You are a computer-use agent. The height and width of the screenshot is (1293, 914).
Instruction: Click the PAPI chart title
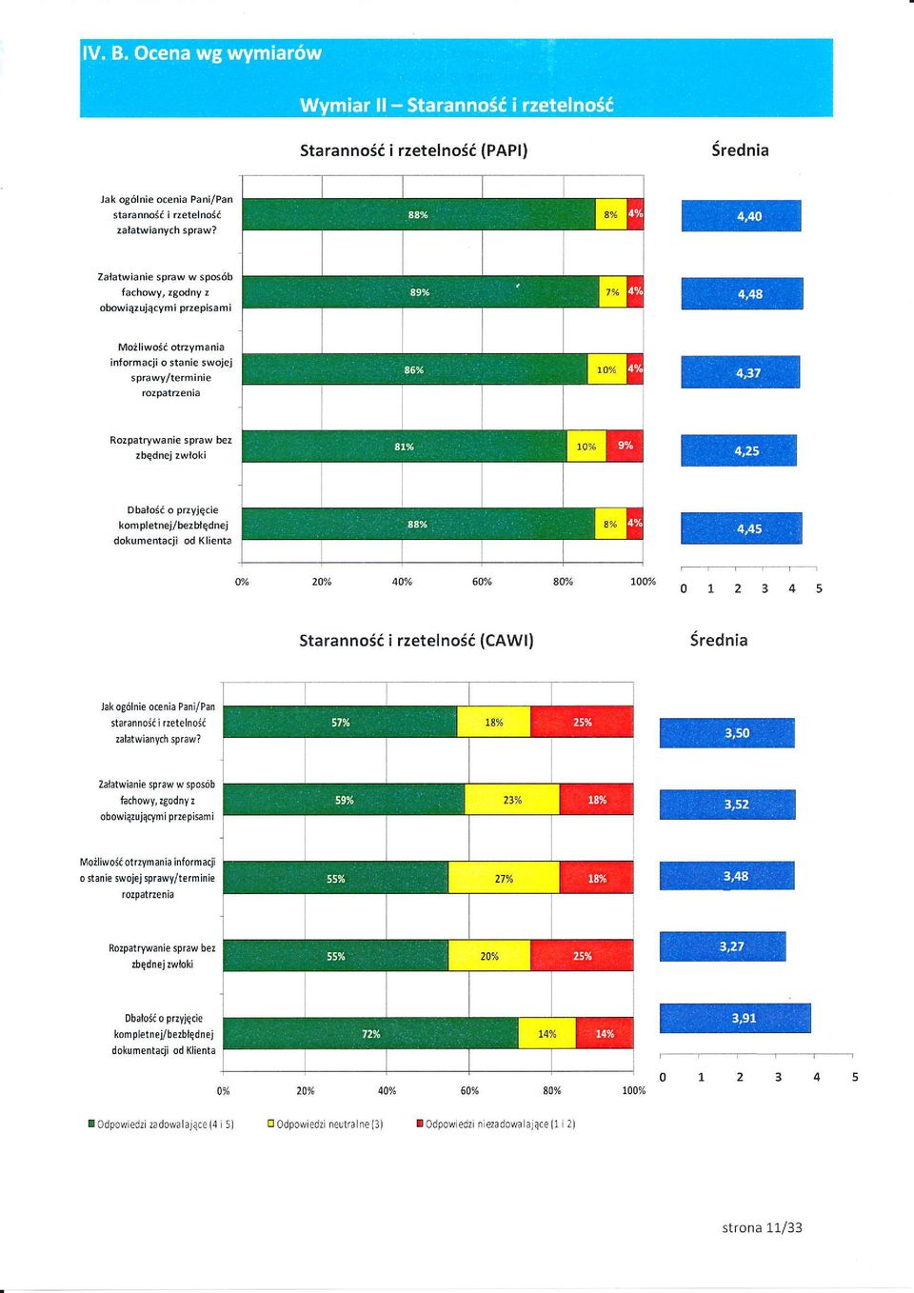point(414,150)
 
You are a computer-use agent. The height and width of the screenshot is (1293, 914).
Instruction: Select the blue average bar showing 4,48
point(742,294)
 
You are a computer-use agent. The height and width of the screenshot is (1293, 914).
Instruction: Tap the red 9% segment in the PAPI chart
point(625,446)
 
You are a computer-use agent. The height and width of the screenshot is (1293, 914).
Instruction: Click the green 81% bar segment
point(405,447)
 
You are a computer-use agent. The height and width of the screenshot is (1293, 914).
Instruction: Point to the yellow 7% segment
point(613,292)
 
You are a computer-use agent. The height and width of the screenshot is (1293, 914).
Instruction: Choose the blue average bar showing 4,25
point(739,450)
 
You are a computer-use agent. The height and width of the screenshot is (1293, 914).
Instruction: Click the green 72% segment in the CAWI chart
point(371,1034)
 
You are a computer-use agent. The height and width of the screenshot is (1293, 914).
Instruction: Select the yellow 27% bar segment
point(504,878)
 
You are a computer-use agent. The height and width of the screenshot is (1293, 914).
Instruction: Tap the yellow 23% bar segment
point(512,800)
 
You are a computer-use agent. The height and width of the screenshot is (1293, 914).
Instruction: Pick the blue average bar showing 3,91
point(735,1018)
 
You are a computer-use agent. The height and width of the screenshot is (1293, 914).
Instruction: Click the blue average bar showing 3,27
point(723,946)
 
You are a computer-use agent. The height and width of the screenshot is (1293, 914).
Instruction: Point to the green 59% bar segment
point(344,800)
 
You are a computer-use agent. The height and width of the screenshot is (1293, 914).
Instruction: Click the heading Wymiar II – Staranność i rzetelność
point(456,105)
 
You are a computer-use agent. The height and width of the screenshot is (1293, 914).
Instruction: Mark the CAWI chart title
point(416,641)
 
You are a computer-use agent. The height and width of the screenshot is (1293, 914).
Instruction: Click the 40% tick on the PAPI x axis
point(402,582)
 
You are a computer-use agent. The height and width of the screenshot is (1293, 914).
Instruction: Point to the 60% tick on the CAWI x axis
point(469,1091)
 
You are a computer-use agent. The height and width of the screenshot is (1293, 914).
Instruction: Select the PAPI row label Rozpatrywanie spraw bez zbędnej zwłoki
point(170,448)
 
